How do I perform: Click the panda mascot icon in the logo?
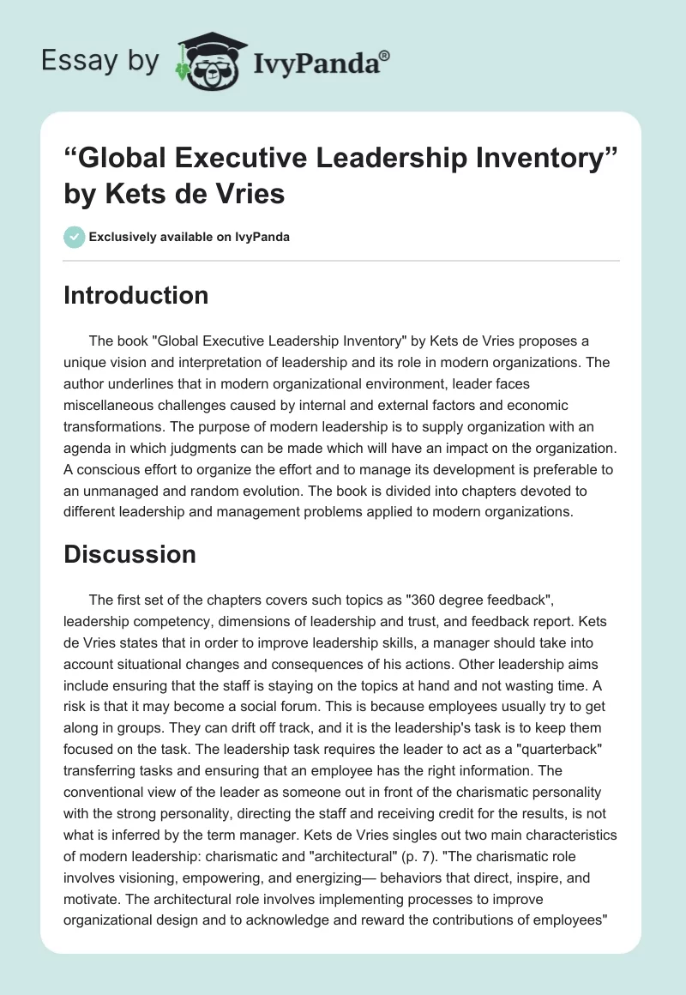point(206,62)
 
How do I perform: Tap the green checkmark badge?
point(75,236)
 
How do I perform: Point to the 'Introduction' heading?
point(135,295)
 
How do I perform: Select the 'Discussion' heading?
point(129,554)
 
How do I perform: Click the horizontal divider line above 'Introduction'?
point(342,260)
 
